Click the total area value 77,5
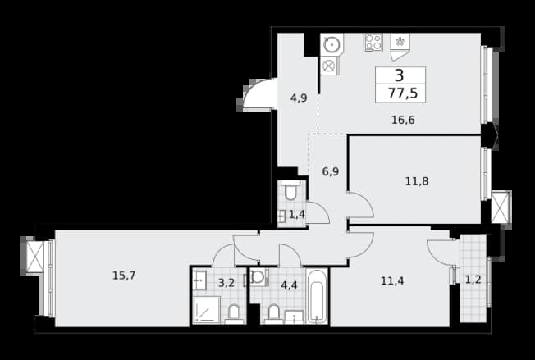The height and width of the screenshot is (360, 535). pos(403,93)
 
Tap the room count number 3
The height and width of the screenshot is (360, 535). pos(399,75)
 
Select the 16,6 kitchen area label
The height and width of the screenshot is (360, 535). pos(403,120)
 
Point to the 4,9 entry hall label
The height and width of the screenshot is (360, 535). pos(299,98)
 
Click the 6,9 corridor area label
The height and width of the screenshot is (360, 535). pos(331,171)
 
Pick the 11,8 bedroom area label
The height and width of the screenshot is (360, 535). pos(417,181)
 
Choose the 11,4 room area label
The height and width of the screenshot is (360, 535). pos(392,281)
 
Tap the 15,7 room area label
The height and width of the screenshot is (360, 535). pos(124,276)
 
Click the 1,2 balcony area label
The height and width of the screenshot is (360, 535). pos(473,280)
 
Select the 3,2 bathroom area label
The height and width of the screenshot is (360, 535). pos(226,283)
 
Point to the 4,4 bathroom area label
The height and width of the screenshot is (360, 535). pos(289,285)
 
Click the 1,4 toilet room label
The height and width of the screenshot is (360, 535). pos(297,214)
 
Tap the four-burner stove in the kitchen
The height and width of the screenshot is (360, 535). pos(373,43)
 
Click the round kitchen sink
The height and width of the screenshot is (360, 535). pos(331,44)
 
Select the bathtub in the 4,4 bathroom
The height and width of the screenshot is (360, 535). pos(317,296)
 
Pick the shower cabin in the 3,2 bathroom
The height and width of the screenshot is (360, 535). pos(207,310)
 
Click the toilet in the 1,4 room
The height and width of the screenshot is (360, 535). pos(290,190)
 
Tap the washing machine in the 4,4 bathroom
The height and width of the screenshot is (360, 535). pos(258,277)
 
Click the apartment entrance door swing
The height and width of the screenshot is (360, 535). pos(258,95)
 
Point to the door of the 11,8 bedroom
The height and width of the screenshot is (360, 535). pos(361,205)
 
